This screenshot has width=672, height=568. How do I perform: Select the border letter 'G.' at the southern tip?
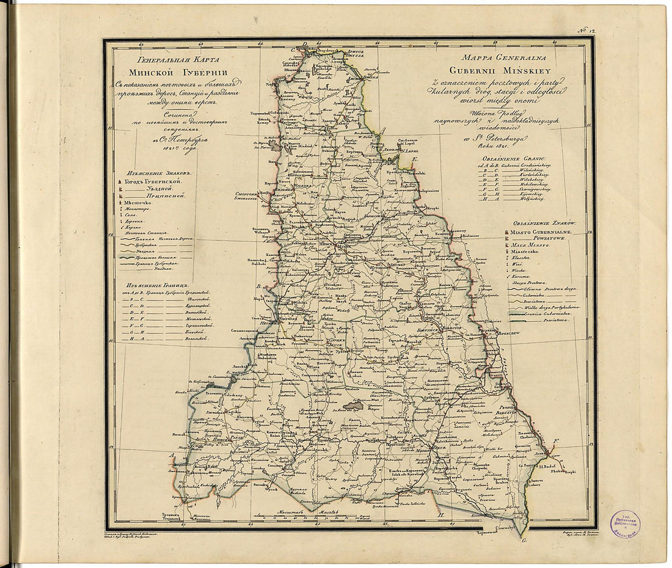coord(524,541)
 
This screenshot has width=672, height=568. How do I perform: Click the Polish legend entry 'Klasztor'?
coord(522,259)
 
